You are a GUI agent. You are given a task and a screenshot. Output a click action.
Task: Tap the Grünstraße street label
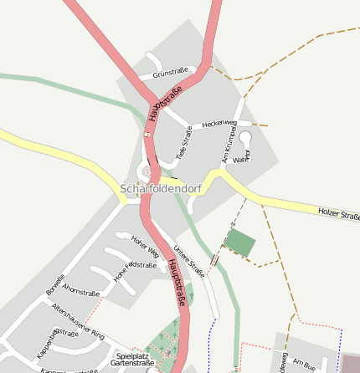(171, 74)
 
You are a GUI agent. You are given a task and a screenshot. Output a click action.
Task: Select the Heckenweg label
(220, 123)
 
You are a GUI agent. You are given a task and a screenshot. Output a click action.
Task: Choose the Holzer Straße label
(338, 214)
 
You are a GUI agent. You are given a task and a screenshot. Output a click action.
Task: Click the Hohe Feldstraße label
(135, 271)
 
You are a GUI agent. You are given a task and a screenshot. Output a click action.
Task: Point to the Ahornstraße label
(81, 292)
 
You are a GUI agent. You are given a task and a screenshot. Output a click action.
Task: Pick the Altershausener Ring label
(78, 321)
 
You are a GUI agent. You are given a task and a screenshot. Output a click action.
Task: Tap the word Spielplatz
(130, 355)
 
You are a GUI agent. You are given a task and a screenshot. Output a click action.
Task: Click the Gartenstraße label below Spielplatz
(132, 364)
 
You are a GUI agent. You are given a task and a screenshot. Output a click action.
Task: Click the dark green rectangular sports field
(241, 243)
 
